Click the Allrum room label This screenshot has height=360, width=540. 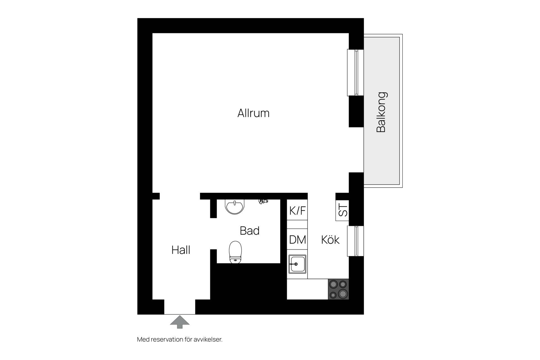coord(253,113)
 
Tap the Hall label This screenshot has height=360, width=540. coord(181,250)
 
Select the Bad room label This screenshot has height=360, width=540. coord(249,231)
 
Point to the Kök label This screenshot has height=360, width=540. coord(330,240)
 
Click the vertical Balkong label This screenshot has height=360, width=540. coord(381,112)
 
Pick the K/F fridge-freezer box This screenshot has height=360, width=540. coord(297,210)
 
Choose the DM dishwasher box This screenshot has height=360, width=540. coord(297,239)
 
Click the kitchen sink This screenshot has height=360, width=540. coord(297,264)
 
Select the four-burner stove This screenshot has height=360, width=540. coord(339,289)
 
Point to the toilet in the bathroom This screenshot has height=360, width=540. coord(235,252)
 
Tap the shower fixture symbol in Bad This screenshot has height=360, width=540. coord(263,201)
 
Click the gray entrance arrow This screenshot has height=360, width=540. coord(180,322)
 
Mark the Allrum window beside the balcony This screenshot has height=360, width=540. coord(356,73)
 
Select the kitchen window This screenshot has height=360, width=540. coord(356,241)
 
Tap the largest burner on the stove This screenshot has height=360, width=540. coord(343,294)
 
